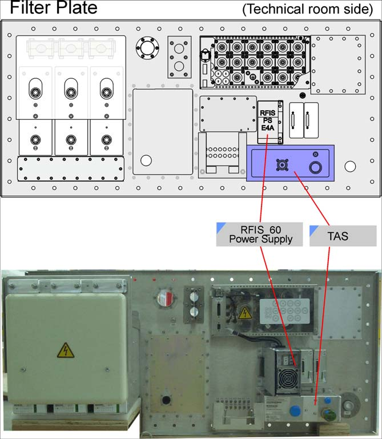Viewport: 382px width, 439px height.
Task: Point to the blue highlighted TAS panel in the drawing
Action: coord(290,163)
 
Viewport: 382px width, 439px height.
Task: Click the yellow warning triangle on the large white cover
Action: coord(65,350)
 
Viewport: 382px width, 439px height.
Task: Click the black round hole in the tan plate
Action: coord(167,397)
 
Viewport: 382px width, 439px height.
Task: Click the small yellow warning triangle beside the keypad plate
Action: coord(244,313)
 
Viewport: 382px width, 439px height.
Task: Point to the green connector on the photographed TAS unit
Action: coord(327,412)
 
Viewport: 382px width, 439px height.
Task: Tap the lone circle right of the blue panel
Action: coord(350,167)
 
